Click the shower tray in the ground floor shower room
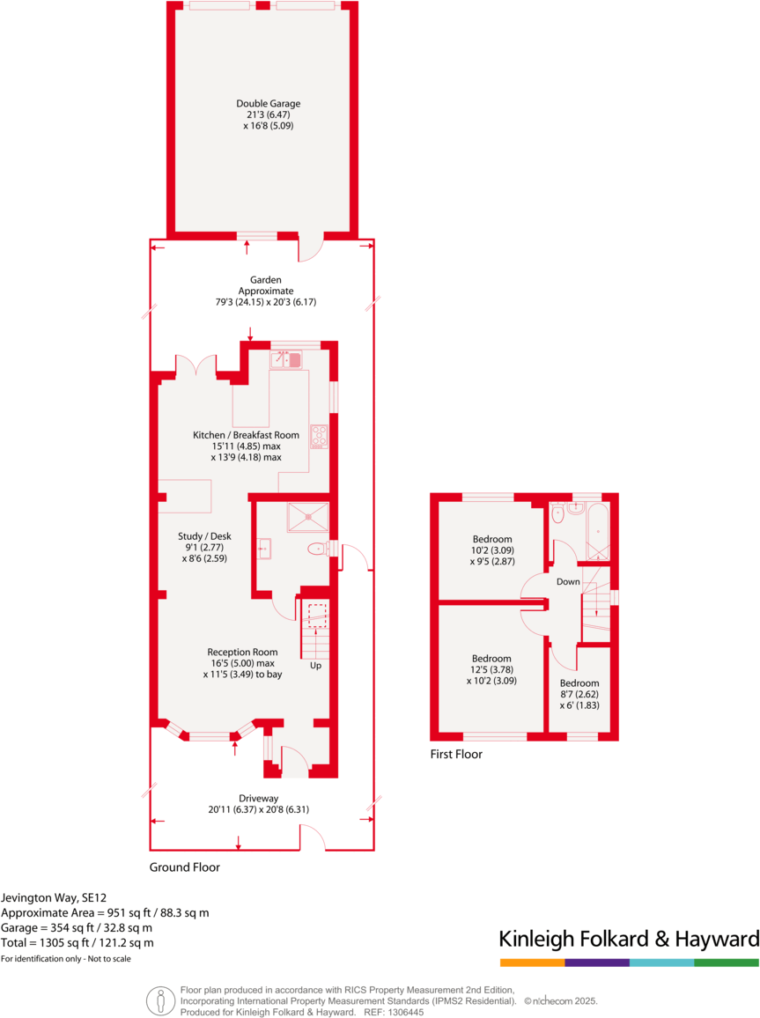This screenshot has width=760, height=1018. pyautogui.click(x=307, y=517)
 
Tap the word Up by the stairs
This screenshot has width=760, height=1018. pyautogui.click(x=314, y=666)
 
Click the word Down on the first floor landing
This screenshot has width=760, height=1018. pyautogui.click(x=568, y=582)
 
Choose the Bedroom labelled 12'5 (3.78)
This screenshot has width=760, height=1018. pyautogui.click(x=491, y=669)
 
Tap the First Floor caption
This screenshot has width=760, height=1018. pyautogui.click(x=456, y=754)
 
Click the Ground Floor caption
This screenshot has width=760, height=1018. pyautogui.click(x=184, y=867)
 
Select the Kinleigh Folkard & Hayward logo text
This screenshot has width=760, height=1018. pyautogui.click(x=629, y=939)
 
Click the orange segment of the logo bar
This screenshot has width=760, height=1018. pyautogui.click(x=532, y=963)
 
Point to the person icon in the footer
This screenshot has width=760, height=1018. pyautogui.click(x=159, y=1000)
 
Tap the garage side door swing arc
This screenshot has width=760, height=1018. pyautogui.click(x=309, y=251)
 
